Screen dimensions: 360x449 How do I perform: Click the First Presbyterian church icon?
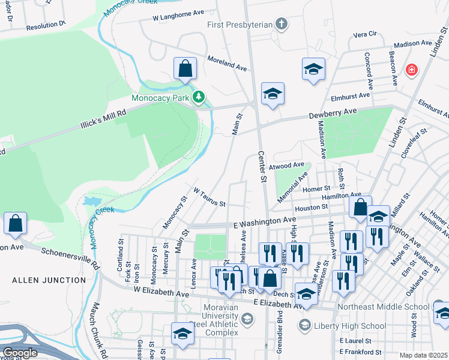(x=281, y=25)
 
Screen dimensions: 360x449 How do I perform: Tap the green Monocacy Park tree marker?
(x=199, y=97)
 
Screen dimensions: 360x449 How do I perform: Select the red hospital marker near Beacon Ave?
(x=411, y=70)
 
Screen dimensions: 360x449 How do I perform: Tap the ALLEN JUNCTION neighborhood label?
(x=49, y=280)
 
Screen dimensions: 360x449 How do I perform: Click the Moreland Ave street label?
(x=228, y=64)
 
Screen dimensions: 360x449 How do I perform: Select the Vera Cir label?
(x=364, y=35)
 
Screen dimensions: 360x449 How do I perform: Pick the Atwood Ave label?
(x=291, y=166)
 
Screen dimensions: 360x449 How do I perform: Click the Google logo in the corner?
(x=20, y=353)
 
